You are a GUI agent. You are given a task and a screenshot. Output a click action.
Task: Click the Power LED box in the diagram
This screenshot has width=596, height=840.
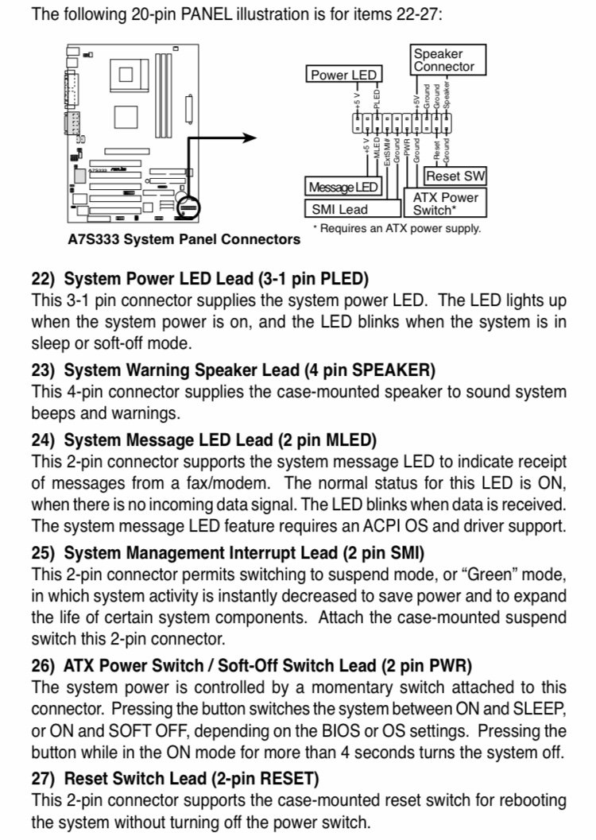(x=343, y=75)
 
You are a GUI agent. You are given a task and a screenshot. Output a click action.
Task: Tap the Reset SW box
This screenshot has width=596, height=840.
(x=456, y=176)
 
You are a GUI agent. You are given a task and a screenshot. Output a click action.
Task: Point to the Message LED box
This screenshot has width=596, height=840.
(x=343, y=188)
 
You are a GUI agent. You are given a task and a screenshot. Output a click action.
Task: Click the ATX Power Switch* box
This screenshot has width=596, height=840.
(x=448, y=203)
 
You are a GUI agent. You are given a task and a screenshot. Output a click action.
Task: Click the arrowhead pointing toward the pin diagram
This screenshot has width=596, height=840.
(x=252, y=137)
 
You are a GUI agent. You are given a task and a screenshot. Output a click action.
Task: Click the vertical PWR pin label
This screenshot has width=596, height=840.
(x=406, y=147)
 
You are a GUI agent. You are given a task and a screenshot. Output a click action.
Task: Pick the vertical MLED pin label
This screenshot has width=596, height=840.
(x=376, y=148)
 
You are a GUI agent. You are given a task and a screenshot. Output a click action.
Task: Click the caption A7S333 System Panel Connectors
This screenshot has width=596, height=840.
(x=184, y=239)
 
